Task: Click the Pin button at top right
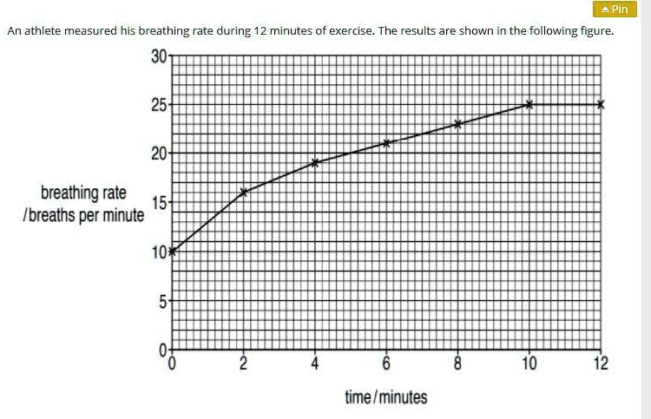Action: click(x=614, y=10)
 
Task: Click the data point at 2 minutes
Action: click(x=244, y=192)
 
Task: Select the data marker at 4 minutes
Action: click(x=315, y=162)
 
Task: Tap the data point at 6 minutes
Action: click(x=386, y=142)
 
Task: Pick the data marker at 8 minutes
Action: click(x=457, y=123)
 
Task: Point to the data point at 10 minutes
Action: click(x=529, y=104)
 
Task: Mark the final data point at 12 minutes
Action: click(x=601, y=104)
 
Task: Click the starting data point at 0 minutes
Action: click(x=172, y=252)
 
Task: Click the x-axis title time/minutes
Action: click(x=386, y=397)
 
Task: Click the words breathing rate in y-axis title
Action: click(x=83, y=192)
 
